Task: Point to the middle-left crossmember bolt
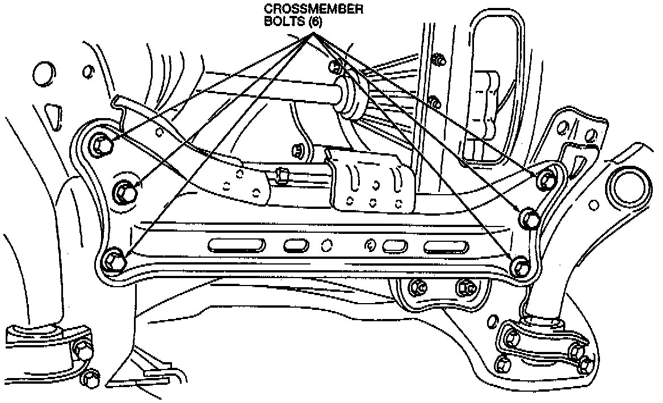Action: [125, 192]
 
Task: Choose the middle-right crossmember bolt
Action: [530, 217]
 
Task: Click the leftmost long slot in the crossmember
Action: [237, 245]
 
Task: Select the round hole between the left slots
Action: [326, 246]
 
